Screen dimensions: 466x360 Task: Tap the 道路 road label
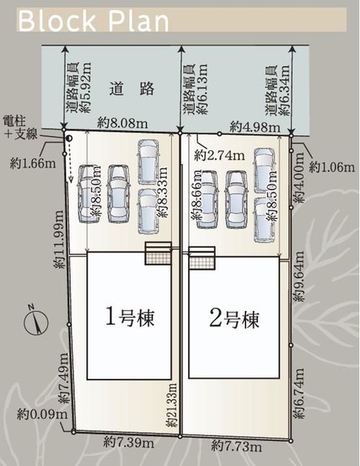[x=123, y=89]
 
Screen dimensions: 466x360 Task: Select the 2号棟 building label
[x=233, y=318]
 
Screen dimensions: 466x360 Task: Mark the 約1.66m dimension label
[x=33, y=163]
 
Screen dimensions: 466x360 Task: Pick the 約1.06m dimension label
[x=332, y=168]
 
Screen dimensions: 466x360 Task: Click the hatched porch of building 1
[x=158, y=254]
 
